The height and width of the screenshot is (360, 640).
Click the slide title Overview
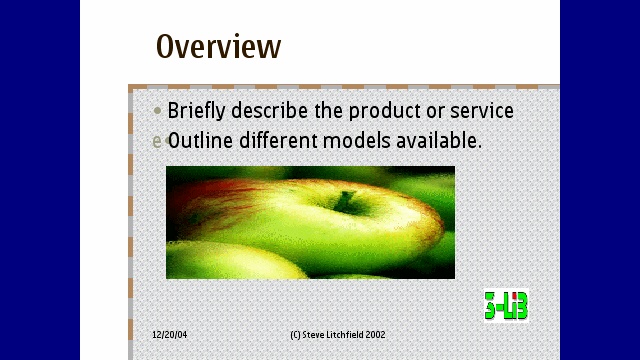(218, 47)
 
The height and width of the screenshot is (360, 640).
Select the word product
(378, 111)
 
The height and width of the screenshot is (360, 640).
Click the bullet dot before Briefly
(157, 111)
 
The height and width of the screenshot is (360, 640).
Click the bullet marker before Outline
(157, 142)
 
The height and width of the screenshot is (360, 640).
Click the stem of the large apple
(346, 200)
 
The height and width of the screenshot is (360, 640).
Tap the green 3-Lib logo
(506, 306)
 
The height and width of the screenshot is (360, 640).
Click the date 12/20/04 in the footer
(169, 335)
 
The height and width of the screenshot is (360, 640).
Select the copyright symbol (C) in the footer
(295, 335)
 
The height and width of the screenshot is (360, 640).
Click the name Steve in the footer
(313, 335)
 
